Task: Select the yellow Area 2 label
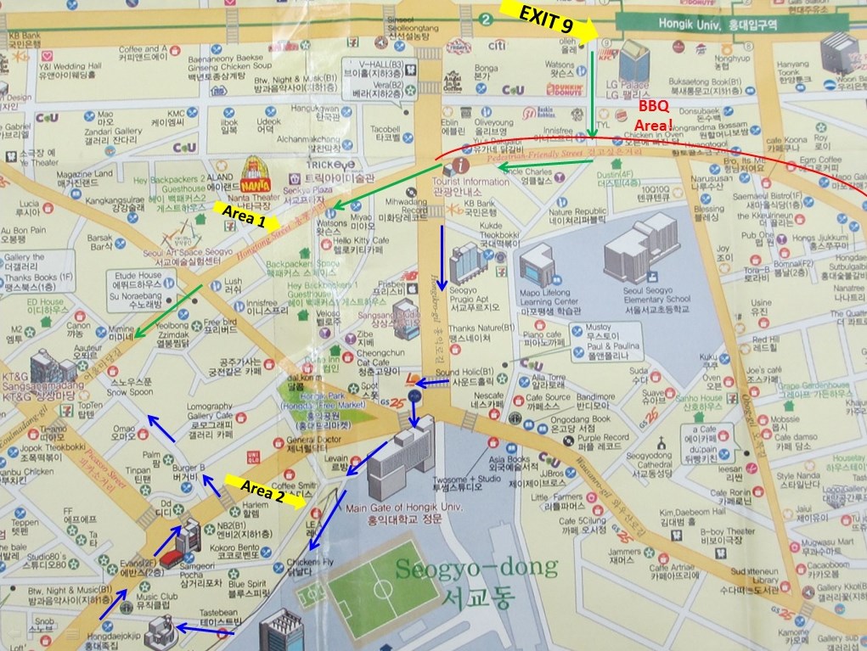(262, 491)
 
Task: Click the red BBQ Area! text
(653, 115)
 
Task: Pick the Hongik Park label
(317, 407)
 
